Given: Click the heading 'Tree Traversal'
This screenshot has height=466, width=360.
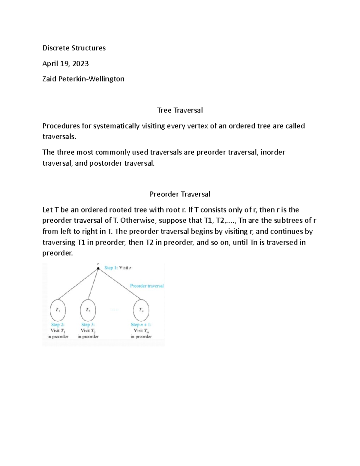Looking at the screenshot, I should (180, 110).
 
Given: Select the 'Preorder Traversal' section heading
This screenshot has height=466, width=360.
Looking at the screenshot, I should (180, 194).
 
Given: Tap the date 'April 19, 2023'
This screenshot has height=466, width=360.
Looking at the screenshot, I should (65, 64).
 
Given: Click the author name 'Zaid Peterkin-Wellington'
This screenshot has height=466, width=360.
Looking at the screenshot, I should (83, 79).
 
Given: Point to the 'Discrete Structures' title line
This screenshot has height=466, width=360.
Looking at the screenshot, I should (74, 48).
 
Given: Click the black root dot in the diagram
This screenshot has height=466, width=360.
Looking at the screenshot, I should (98, 268).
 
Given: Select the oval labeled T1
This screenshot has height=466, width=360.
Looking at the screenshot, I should (58, 310).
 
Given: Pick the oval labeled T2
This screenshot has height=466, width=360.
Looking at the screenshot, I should (88, 310).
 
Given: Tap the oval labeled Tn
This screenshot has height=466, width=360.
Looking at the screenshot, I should (141, 310).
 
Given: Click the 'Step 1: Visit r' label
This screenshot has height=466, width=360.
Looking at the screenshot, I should (118, 268).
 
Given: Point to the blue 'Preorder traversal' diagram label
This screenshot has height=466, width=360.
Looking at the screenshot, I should (147, 286).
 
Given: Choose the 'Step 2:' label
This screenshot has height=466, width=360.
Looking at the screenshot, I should (58, 324).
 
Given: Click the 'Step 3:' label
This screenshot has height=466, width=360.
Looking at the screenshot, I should (88, 324).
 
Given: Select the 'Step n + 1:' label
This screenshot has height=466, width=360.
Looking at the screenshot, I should (141, 324).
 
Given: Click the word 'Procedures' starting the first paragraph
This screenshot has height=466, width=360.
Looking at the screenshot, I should (61, 126).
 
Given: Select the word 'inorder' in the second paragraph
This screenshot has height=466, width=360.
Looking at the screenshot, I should (272, 152).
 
